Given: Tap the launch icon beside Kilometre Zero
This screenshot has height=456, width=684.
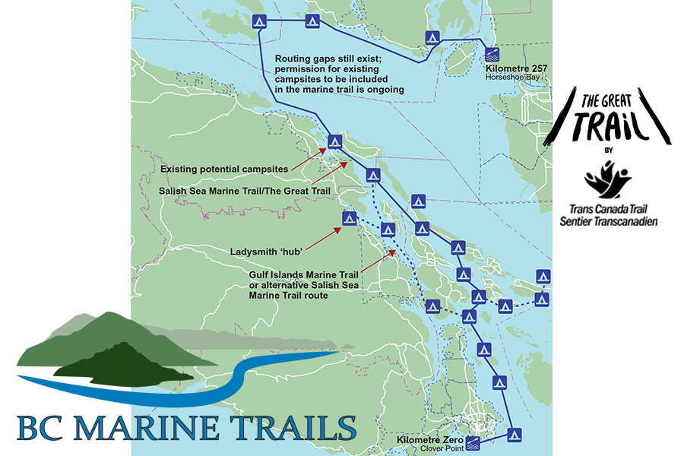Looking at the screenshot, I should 473,442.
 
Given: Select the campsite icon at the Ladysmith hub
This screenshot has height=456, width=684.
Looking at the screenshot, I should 350,218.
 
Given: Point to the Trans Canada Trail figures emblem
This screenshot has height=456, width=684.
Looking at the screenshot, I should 607,180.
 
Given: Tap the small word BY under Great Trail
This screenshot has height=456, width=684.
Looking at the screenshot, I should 608,150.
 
